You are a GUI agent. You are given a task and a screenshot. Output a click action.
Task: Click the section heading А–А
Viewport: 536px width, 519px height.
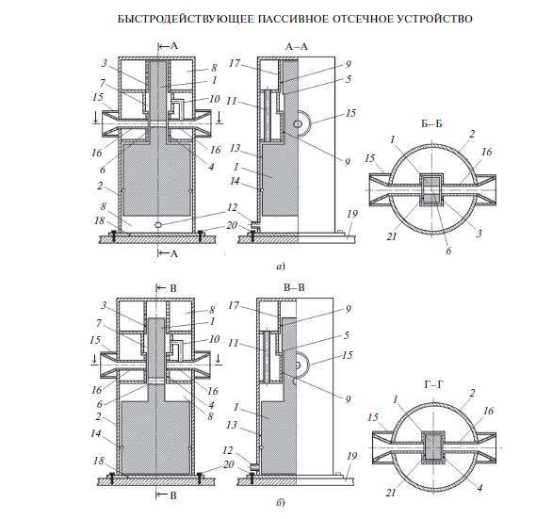(297, 46)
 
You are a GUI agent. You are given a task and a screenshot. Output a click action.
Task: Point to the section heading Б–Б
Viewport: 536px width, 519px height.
(431, 123)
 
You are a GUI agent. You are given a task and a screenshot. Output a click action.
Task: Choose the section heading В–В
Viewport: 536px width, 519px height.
(294, 287)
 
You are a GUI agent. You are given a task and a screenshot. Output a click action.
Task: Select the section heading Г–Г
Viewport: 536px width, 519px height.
(433, 385)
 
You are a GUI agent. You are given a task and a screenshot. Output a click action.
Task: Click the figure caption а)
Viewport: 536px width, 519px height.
(281, 267)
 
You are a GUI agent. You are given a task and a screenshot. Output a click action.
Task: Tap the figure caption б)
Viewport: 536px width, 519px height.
(281, 503)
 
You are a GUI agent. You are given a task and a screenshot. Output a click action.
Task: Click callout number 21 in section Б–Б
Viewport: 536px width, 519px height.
(392, 235)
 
